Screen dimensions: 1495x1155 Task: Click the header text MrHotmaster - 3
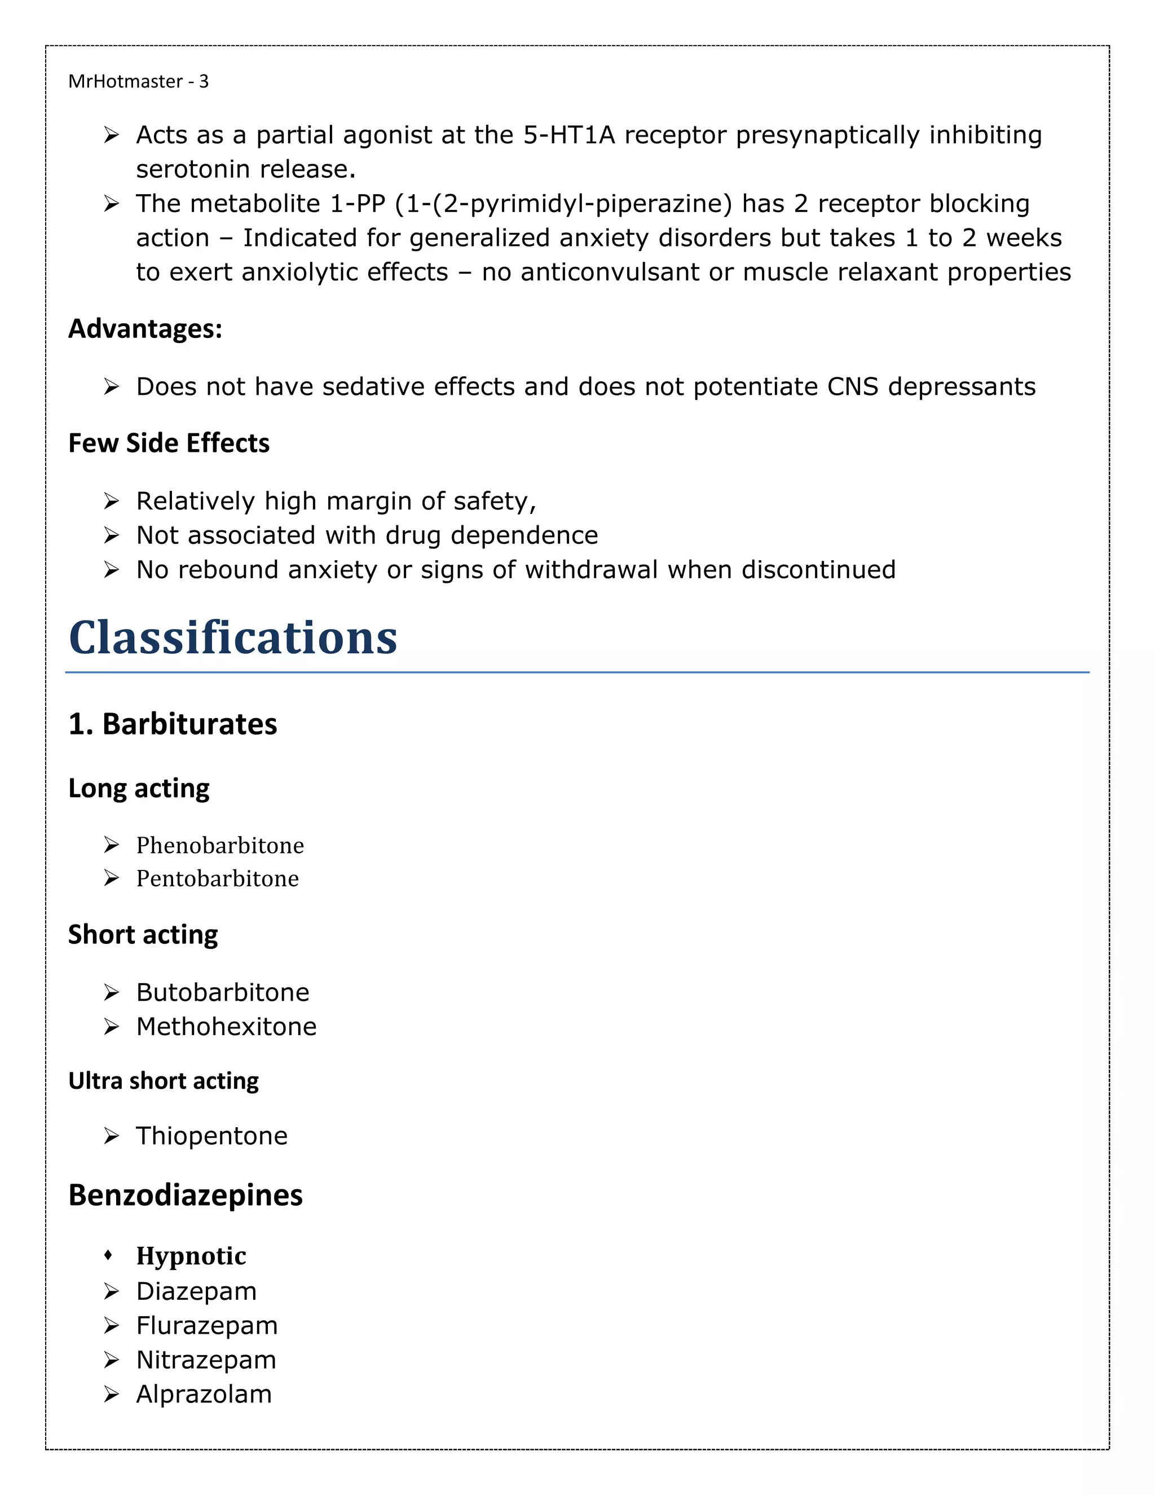138,81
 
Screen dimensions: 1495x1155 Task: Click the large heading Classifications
233,637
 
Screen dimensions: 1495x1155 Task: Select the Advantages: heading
145,328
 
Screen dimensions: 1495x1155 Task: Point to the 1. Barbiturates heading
173,724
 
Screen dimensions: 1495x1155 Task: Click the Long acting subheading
139,788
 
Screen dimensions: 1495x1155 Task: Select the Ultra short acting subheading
164,1080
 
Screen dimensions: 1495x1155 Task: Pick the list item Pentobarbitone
217,878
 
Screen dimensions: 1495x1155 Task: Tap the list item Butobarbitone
222,992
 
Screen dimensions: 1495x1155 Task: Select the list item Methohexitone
226,1026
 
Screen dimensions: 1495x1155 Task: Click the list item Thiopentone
211,1136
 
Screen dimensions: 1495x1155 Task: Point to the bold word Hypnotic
191,1255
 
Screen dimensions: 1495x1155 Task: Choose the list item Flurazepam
206,1325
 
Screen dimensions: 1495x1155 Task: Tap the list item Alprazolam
204,1393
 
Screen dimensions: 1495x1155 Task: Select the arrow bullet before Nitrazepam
112,1360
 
